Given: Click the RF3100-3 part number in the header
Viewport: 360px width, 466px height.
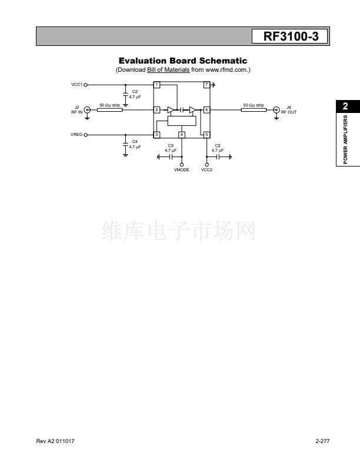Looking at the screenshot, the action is point(291,36).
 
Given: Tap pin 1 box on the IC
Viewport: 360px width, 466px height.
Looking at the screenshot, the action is point(156,85).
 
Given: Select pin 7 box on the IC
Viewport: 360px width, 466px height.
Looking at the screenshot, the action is point(206,85).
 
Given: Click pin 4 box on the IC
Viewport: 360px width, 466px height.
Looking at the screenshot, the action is point(182,135).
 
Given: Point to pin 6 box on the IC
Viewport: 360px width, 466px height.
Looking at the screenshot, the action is point(206,109).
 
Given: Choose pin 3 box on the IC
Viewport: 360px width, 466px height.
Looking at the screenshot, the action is point(156,135).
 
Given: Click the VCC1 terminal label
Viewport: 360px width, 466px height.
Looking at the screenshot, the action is point(76,85).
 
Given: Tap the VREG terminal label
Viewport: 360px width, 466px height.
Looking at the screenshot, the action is point(76,135).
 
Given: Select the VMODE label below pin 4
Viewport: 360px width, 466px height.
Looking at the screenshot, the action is point(182,169).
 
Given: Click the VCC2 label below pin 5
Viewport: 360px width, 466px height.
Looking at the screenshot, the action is point(206,169).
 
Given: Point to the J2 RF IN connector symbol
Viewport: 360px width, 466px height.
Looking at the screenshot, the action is point(87,110).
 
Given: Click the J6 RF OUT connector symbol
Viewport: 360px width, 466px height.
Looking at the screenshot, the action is point(276,110).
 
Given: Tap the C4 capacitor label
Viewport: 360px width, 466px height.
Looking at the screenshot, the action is point(135,141).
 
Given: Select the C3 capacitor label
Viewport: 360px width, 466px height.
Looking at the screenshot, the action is point(171,146).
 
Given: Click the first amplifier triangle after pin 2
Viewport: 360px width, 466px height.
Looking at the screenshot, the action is point(171,110).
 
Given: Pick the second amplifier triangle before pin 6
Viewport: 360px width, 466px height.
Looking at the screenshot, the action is point(193,110).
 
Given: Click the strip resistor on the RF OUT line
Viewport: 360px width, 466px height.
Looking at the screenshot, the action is point(254,110).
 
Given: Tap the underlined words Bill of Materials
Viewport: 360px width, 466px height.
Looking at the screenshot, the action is point(168,70).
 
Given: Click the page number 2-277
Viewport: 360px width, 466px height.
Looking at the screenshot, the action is point(322,441).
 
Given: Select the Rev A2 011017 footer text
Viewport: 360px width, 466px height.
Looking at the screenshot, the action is point(55,441).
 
